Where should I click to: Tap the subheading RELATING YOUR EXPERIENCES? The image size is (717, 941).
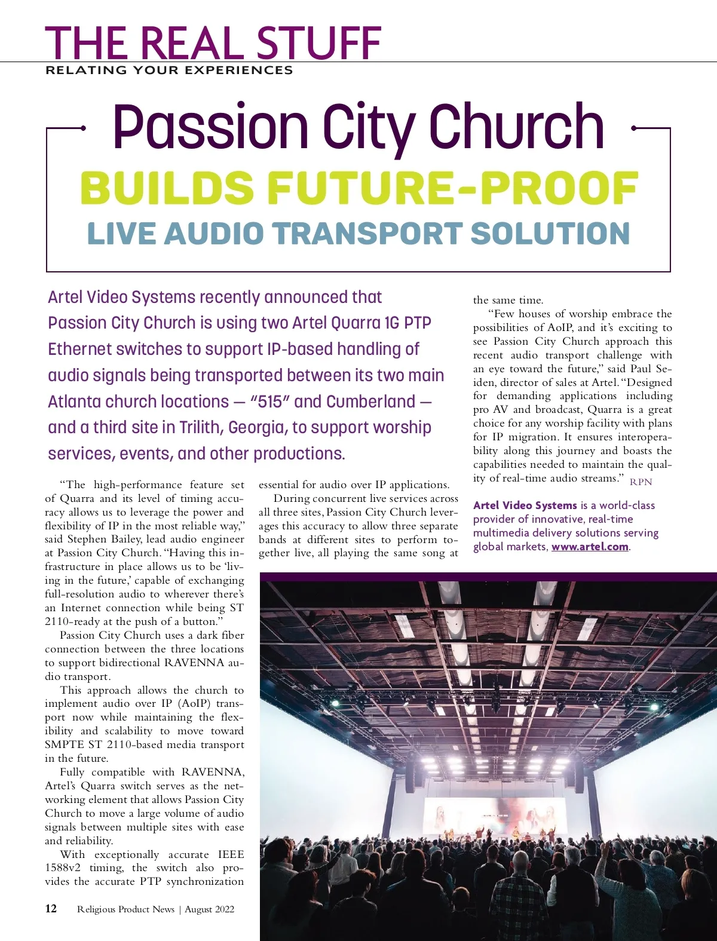point(169,71)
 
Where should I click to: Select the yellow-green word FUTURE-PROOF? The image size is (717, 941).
point(452,188)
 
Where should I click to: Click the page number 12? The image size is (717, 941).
point(51,909)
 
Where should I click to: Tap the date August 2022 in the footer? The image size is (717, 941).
point(209,909)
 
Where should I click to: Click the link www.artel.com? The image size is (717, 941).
point(590,547)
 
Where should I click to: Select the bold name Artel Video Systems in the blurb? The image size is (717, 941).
point(525,505)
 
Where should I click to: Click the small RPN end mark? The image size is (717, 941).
point(641,482)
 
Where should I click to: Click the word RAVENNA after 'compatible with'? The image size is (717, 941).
point(213,772)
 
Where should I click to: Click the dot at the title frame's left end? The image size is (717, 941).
point(83,128)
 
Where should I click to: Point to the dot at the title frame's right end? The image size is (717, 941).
point(634,128)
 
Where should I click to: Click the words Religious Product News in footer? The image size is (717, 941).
point(125,909)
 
